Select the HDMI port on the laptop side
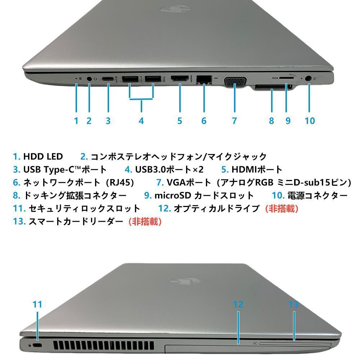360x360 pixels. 179,78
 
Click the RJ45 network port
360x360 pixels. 204,79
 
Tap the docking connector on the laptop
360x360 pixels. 271,87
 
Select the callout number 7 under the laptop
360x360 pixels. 234,121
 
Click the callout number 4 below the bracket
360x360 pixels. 141,121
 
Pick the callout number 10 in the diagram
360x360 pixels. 310,121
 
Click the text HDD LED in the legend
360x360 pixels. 43,157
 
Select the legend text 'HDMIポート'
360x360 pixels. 257,170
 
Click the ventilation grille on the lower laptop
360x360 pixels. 104,346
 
